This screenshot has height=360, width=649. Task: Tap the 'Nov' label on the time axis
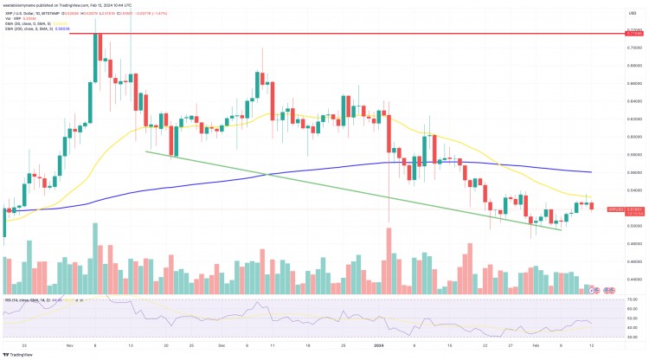tap(67, 344)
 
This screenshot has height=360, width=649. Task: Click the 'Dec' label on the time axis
tap(222, 344)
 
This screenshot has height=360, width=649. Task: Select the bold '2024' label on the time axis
tap(377, 344)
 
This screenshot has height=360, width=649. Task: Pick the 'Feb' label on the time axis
tap(535, 344)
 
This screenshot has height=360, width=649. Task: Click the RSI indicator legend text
tap(35, 300)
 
